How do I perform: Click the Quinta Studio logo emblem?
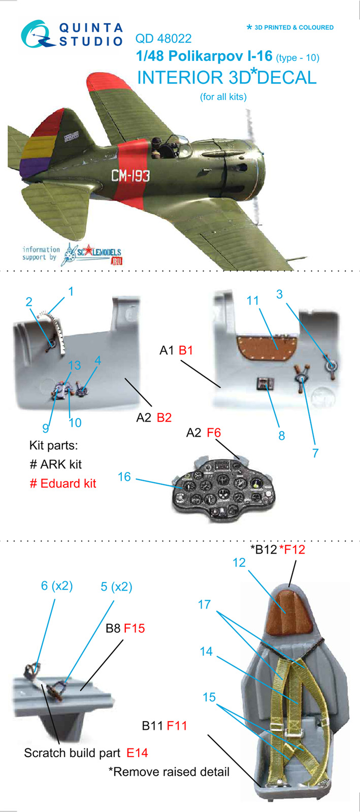[x=38, y=35]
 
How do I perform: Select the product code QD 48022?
[x=163, y=39]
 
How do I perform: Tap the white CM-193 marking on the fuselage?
[x=130, y=176]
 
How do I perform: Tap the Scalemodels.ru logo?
[x=92, y=254]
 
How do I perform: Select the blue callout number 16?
[x=124, y=477]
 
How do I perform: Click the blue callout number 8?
[x=282, y=436]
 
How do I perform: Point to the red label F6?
[x=214, y=433]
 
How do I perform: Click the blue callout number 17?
[x=204, y=604]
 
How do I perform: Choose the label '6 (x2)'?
[x=56, y=586]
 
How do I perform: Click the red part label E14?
[x=137, y=753]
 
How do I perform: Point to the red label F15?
[x=134, y=628]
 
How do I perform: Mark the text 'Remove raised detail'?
[x=171, y=772]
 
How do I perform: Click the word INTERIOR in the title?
[x=180, y=78]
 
